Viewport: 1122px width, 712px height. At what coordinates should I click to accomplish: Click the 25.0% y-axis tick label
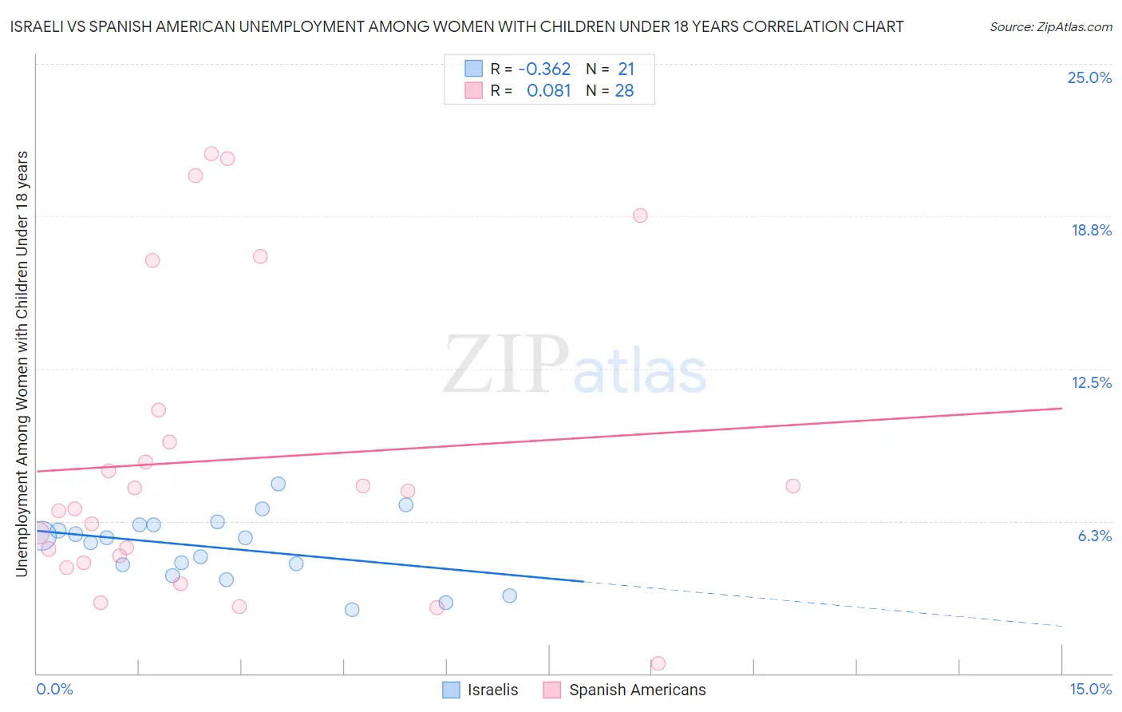click(1089, 77)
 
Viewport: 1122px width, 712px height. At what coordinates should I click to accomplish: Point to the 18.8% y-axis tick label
click(1091, 230)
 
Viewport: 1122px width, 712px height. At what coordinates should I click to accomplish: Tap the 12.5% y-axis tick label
click(1091, 382)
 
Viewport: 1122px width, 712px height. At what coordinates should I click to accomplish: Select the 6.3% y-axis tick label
click(1094, 536)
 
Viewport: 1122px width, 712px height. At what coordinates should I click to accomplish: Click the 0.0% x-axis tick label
click(54, 689)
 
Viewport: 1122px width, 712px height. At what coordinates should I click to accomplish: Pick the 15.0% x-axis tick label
click(1090, 689)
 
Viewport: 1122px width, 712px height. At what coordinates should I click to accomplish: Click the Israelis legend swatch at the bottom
click(451, 690)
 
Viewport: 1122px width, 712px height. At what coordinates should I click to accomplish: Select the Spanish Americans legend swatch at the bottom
click(551, 690)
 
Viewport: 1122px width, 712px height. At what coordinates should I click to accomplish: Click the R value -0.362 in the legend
click(544, 69)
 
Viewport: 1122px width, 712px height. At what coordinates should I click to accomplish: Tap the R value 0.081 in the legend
click(548, 91)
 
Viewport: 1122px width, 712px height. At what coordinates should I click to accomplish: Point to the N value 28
click(624, 91)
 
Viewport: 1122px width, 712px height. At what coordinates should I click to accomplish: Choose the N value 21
click(626, 69)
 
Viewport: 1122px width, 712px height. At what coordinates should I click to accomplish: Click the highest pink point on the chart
click(211, 153)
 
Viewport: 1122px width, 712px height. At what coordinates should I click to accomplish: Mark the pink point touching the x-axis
click(658, 663)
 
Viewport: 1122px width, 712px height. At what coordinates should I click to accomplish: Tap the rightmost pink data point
click(792, 486)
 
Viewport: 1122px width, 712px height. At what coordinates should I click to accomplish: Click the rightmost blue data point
click(510, 595)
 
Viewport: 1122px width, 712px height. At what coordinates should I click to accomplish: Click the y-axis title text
click(22, 363)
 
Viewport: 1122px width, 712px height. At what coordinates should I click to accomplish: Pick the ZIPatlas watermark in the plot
click(575, 366)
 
